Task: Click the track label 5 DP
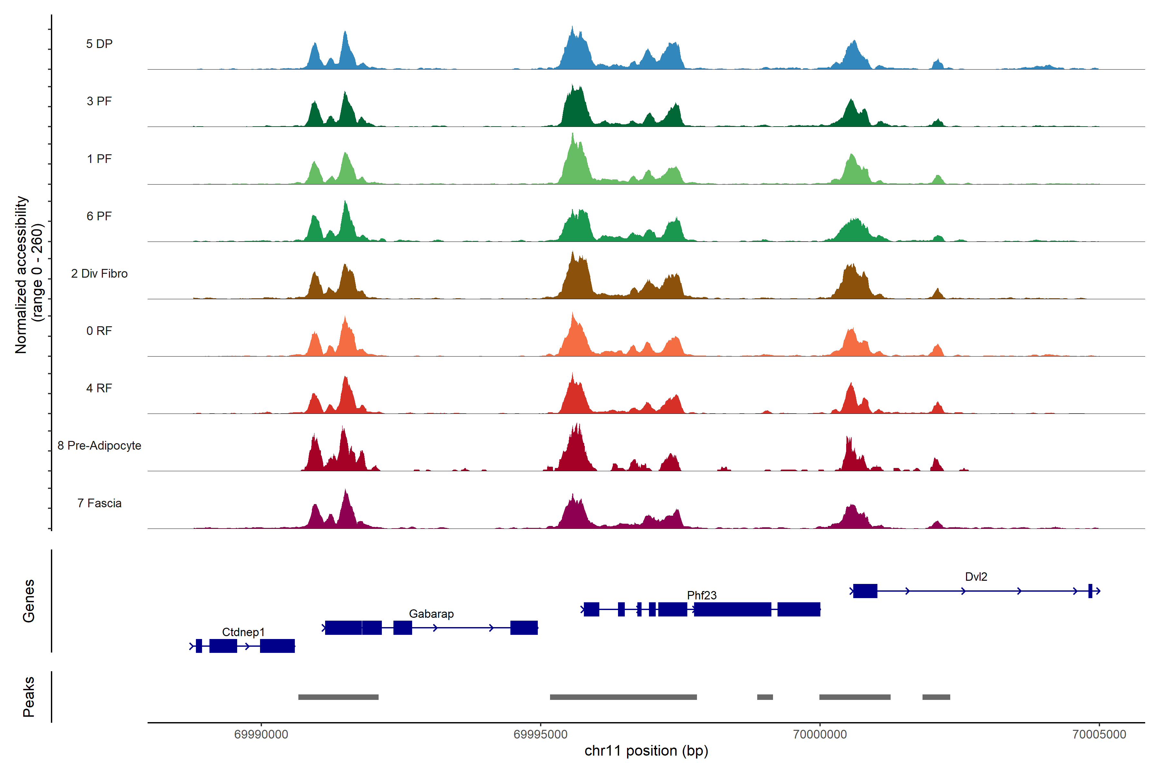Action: pos(99,44)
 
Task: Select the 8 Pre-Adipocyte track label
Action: pos(99,446)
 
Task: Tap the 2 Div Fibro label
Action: pos(99,273)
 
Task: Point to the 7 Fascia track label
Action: pos(99,503)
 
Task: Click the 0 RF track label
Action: pos(99,331)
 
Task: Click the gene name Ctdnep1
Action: pos(243,632)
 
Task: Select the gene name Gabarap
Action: pos(431,614)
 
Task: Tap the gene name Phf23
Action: pos(701,596)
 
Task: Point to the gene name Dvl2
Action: pos(976,577)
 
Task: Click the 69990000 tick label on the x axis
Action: pos(261,735)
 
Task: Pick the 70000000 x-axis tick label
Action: pos(820,735)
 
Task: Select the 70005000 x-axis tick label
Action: pos(1099,735)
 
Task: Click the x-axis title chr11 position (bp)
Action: pos(646,751)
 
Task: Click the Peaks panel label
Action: pos(29,697)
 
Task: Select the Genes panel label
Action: pos(29,601)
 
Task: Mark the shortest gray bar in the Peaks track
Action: pos(765,697)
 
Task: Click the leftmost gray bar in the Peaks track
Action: pos(338,697)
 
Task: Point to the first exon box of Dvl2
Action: pos(865,591)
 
